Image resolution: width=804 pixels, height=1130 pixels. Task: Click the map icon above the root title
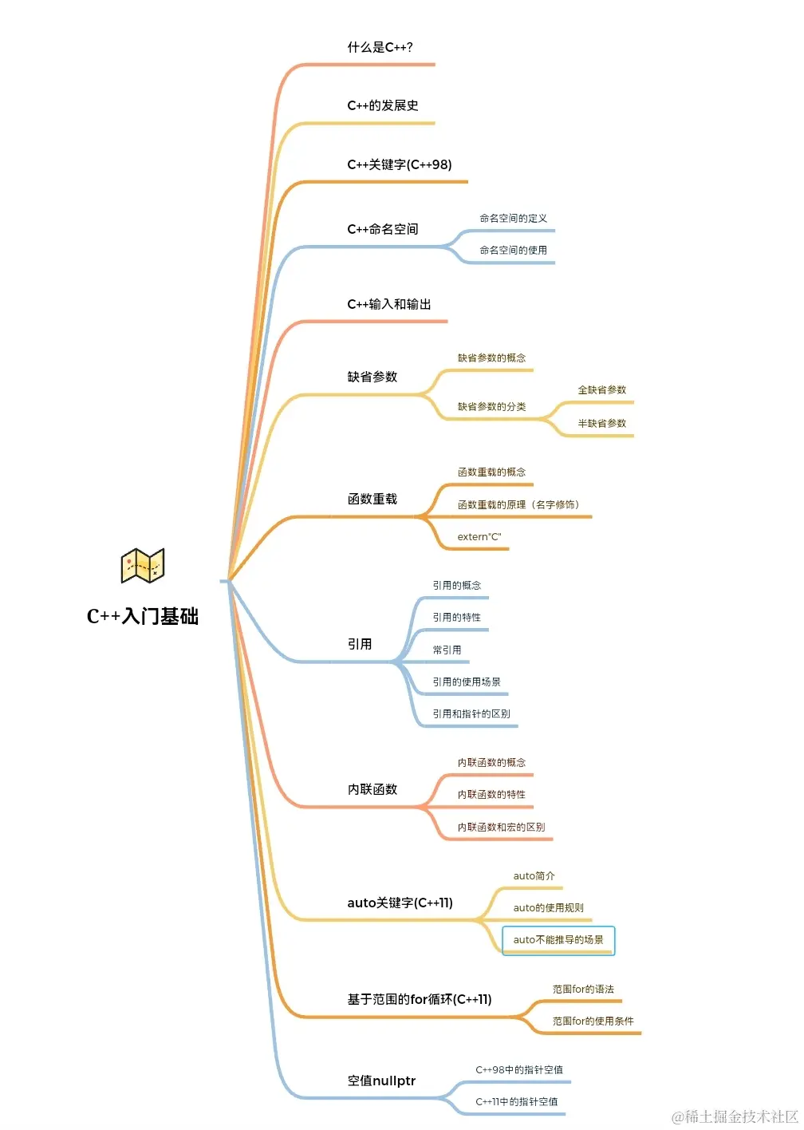(143, 566)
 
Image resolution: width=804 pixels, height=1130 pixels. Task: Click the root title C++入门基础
(143, 616)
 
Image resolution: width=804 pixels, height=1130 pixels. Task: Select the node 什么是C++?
(380, 48)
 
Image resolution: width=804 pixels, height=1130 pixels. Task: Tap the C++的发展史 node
(383, 106)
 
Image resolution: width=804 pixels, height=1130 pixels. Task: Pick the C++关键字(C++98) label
(399, 165)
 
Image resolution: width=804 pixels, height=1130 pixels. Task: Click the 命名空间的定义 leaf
(513, 219)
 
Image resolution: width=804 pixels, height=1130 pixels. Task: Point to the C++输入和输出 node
(389, 305)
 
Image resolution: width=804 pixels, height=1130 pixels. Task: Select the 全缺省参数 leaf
(602, 390)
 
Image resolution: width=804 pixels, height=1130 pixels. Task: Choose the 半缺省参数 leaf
(602, 424)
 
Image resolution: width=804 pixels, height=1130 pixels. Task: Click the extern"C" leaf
(479, 537)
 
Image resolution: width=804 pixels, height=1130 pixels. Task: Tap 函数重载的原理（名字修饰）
(518, 505)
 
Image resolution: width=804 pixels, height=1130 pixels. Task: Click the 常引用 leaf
(447, 650)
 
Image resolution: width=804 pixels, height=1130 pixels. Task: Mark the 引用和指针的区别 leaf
(471, 714)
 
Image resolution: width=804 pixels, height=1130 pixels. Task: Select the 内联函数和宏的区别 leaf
(501, 828)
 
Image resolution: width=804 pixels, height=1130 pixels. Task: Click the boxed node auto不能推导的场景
(558, 940)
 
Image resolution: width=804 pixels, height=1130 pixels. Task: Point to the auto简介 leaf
(534, 876)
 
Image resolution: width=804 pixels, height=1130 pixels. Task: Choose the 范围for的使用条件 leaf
(593, 1021)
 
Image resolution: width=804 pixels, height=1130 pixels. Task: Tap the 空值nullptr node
(381, 1081)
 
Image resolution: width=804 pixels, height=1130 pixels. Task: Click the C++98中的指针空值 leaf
(519, 1070)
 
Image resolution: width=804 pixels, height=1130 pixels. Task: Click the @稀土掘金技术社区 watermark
(735, 1116)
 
